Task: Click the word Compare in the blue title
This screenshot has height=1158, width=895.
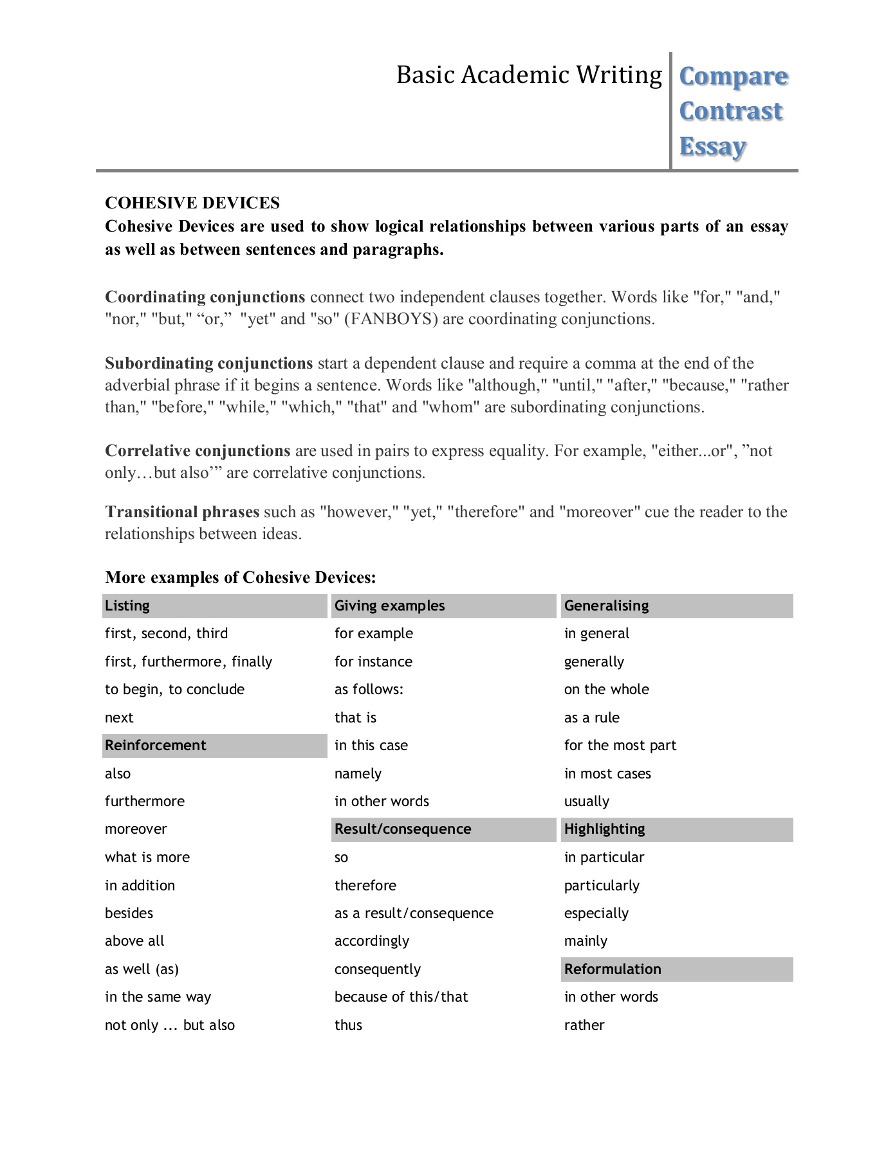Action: click(734, 77)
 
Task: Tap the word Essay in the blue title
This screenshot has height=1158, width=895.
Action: click(712, 147)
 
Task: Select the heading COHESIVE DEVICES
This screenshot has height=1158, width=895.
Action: click(192, 203)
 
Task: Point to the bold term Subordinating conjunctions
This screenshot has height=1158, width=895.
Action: click(209, 363)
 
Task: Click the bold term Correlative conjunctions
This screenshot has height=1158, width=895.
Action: click(198, 451)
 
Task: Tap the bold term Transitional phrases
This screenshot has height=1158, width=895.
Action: click(182, 512)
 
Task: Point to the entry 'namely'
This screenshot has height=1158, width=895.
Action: click(358, 773)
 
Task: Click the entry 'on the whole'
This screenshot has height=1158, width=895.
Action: click(606, 690)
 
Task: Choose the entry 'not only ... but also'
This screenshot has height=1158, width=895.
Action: click(170, 1025)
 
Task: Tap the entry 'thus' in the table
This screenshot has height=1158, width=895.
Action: click(348, 1025)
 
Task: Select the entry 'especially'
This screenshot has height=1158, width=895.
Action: click(596, 914)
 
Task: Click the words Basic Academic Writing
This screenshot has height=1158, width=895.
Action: click(528, 75)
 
